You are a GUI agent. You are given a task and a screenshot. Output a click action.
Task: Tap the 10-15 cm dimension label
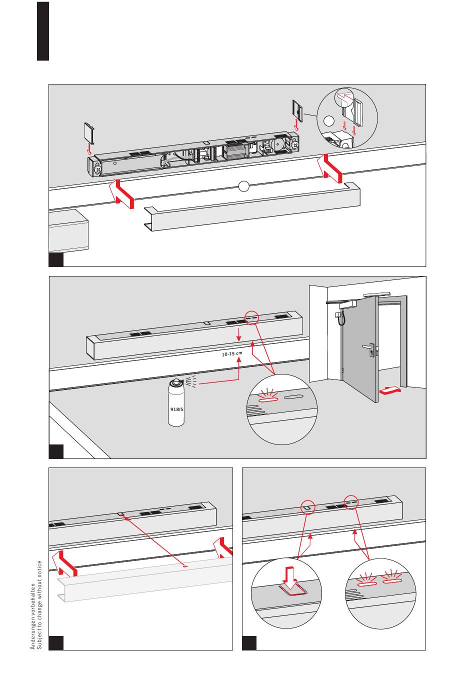pyautogui.click(x=232, y=354)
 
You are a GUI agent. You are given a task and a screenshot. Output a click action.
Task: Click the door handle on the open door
pyautogui.click(x=368, y=346)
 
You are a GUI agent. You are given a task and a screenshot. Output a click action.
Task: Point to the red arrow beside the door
pyautogui.click(x=390, y=390)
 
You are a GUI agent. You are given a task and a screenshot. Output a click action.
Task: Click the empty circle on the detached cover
pyautogui.click(x=243, y=186)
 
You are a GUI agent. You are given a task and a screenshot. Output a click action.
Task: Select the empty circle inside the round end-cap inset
pyautogui.click(x=328, y=121)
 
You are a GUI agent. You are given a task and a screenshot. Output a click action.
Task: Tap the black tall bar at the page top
pyautogui.click(x=43, y=31)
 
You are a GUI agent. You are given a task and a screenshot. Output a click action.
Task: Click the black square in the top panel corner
pyautogui.click(x=56, y=259)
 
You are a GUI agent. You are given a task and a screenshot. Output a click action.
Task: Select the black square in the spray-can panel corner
pyautogui.click(x=56, y=451)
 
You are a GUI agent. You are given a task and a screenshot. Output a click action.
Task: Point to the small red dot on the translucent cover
pyautogui.click(x=185, y=566)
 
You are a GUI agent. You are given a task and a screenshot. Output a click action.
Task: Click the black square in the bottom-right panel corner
pyautogui.click(x=249, y=643)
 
